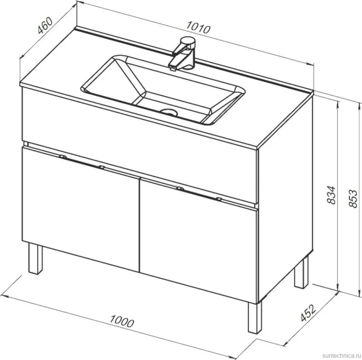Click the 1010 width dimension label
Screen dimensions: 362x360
pos(198,27)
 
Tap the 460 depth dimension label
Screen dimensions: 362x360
pos(45,25)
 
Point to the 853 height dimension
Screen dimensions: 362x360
pos(353,198)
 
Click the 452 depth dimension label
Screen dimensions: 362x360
pos(308,313)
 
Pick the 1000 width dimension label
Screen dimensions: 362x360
pos(122,321)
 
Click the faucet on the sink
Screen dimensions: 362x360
pos(183,53)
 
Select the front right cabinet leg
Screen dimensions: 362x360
pos(255,317)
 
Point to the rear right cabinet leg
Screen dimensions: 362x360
pos(302,272)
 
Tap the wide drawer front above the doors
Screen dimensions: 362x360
pos(138,148)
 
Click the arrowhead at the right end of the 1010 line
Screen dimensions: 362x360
pos(312,64)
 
